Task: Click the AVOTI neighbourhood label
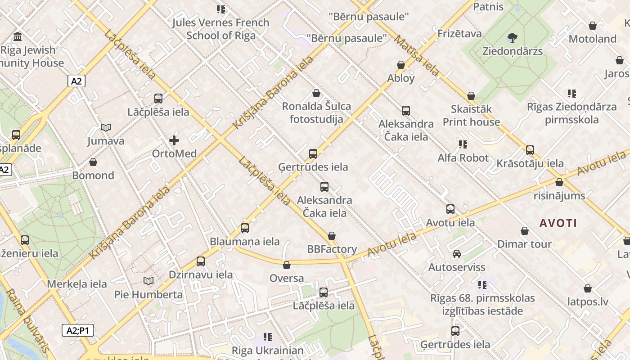point(558,223)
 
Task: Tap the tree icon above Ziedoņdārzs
point(512,37)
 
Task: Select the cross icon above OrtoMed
point(174,140)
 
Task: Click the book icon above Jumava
point(106,128)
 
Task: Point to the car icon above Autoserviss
point(457,254)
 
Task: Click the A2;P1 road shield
point(78,330)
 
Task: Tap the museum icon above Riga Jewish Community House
point(18,36)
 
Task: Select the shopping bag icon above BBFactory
point(332,236)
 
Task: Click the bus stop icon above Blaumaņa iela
point(245,228)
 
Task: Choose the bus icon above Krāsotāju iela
point(530,150)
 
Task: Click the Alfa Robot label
point(463,158)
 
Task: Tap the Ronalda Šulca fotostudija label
point(316,113)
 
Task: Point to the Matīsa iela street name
point(417,56)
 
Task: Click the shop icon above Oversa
point(287,265)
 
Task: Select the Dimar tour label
point(524,244)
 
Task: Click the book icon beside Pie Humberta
point(148,281)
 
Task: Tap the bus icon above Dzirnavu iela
point(201,261)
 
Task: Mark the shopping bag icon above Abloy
point(401,65)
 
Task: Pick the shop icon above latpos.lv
point(588,288)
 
